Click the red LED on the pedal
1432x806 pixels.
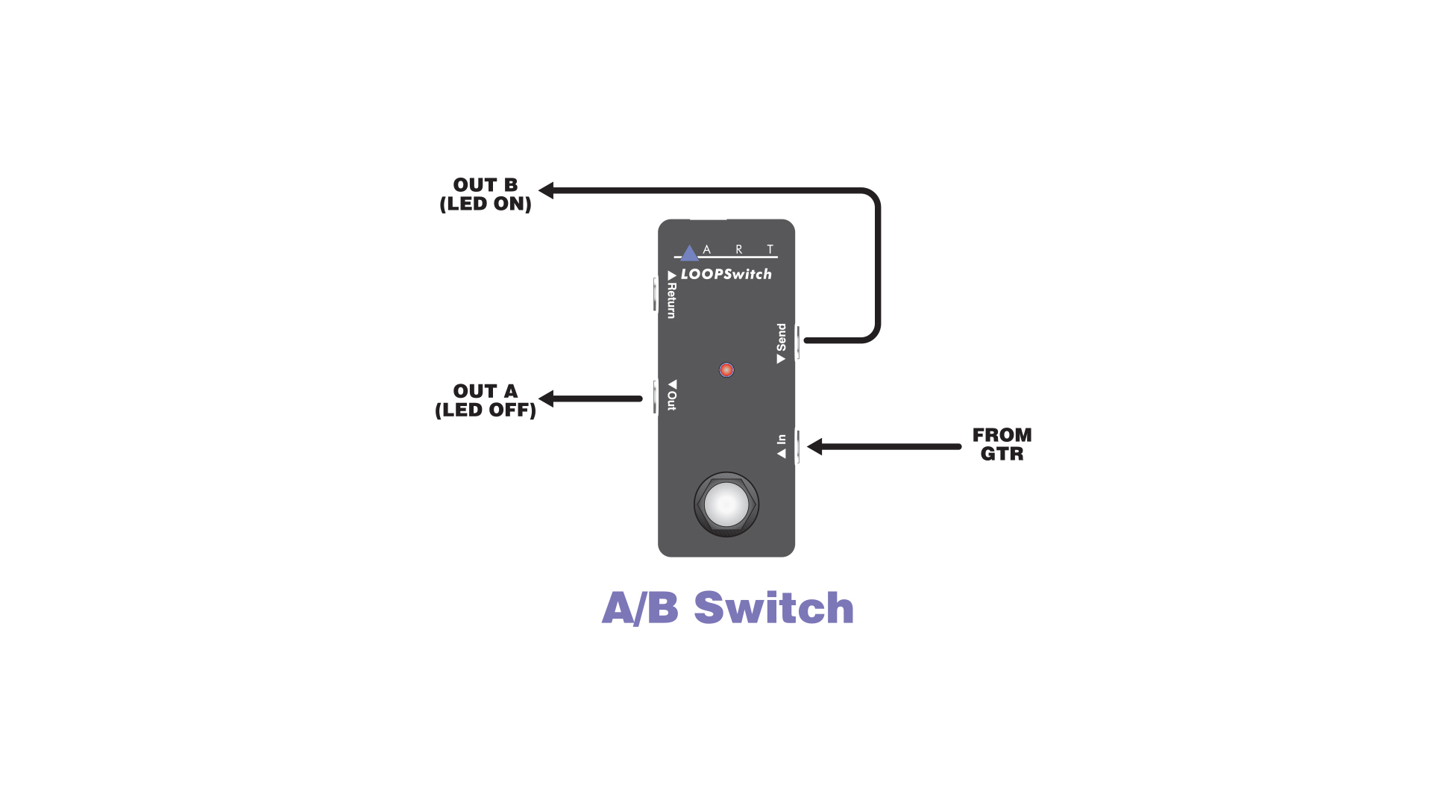pyautogui.click(x=726, y=370)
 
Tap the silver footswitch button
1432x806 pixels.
pyautogui.click(x=726, y=504)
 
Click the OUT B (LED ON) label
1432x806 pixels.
pyautogui.click(x=486, y=195)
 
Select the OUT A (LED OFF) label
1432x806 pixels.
pyautogui.click(x=486, y=401)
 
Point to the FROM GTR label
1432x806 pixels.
pyautogui.click(x=1002, y=445)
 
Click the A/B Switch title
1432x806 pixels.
pyautogui.click(x=727, y=607)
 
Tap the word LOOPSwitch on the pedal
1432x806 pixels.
pyautogui.click(x=726, y=275)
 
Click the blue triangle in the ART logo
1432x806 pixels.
pyautogui.click(x=689, y=253)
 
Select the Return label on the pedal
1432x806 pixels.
pyautogui.click(x=672, y=300)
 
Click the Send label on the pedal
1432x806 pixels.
pyautogui.click(x=781, y=337)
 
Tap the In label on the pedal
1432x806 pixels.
pyautogui.click(x=781, y=440)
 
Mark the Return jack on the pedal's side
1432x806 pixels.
pyautogui.click(x=655, y=294)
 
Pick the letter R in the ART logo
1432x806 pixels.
pyautogui.click(x=738, y=250)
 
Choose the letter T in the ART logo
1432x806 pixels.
pyautogui.click(x=770, y=250)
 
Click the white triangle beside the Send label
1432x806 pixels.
pyautogui.click(x=781, y=359)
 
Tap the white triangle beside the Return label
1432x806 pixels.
pyautogui.click(x=672, y=275)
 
